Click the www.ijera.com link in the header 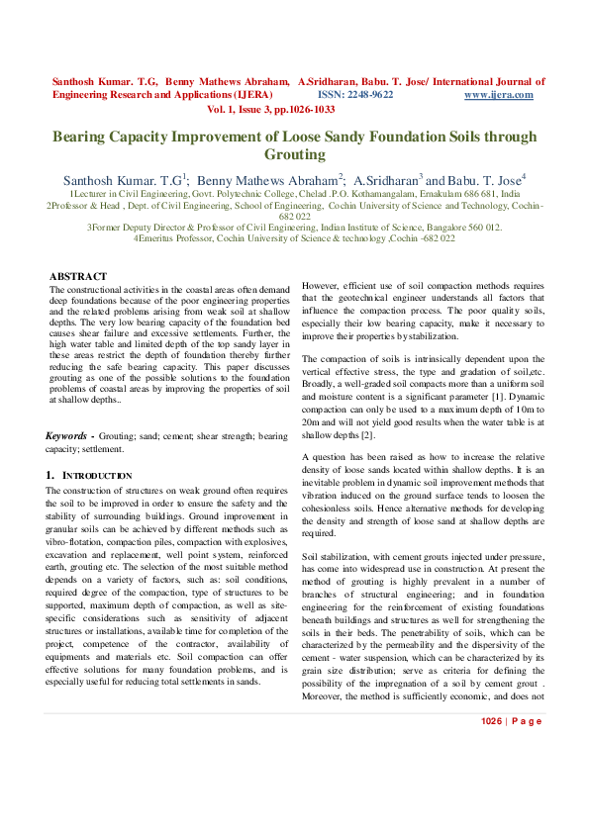tap(498, 95)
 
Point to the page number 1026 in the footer tap(493, 777)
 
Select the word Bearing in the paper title tap(81, 138)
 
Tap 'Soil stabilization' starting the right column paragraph tap(337, 557)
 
